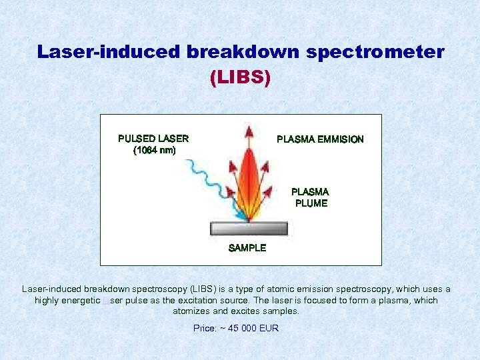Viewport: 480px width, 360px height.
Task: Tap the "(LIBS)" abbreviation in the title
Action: (240, 78)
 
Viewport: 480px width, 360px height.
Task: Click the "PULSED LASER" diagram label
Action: (153, 139)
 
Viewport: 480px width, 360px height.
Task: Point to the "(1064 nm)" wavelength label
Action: (155, 151)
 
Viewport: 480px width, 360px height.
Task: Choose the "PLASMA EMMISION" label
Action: (320, 139)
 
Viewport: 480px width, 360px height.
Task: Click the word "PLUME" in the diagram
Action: (311, 203)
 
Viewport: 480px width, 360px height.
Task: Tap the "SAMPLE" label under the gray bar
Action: (247, 248)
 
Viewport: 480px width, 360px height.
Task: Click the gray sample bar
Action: (249, 229)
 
